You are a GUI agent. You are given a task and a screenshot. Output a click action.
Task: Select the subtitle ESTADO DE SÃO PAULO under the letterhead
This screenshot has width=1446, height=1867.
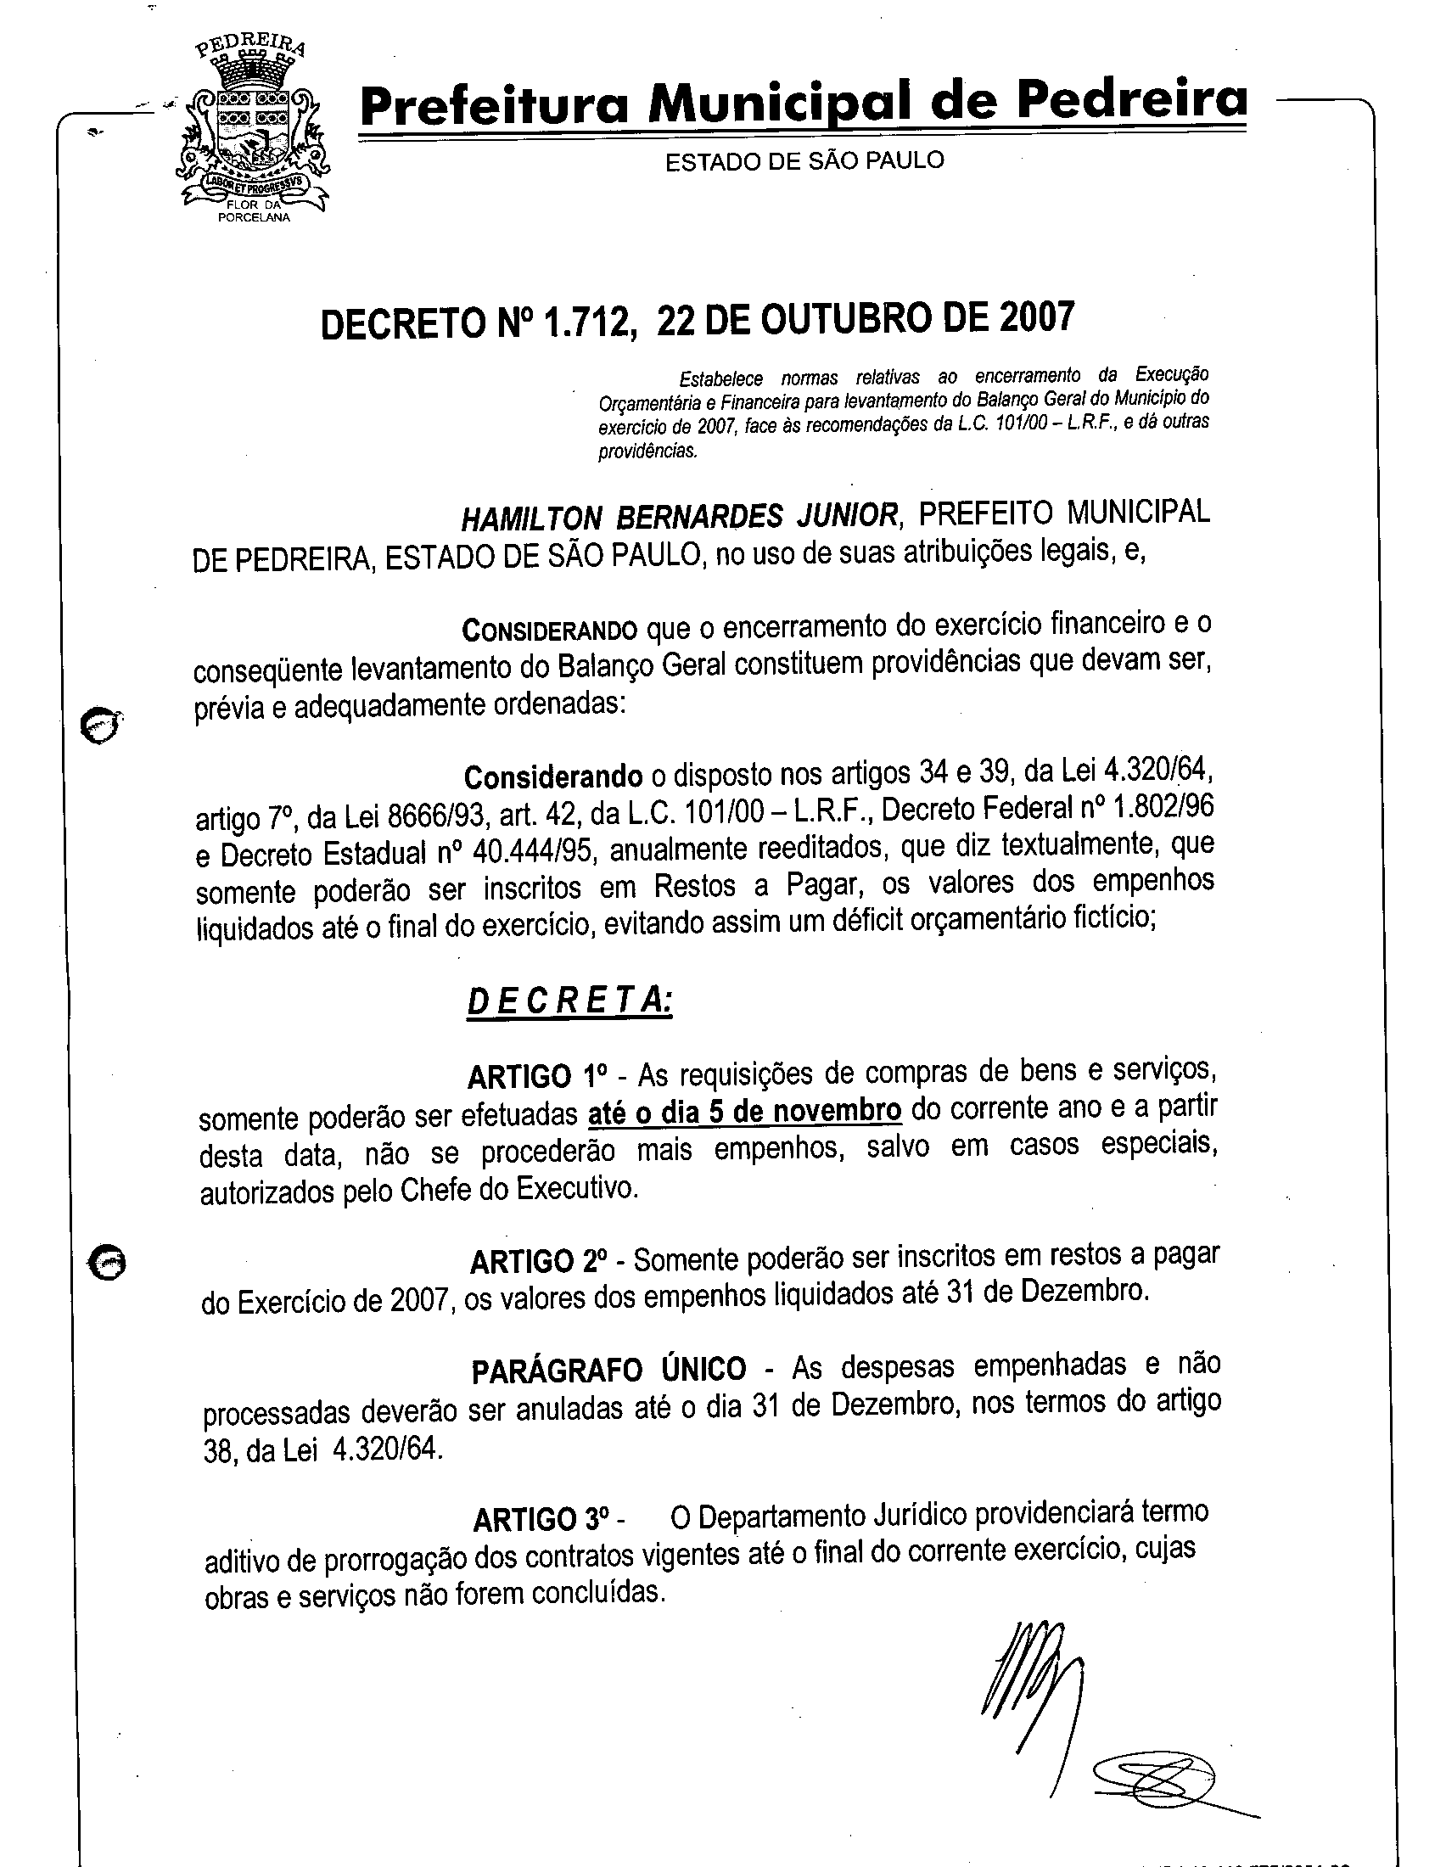coord(804,160)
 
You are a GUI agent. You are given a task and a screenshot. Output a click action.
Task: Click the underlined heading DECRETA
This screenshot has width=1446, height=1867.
coord(569,1000)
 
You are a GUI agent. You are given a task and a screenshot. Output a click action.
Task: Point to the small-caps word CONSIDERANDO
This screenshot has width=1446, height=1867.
coord(550,631)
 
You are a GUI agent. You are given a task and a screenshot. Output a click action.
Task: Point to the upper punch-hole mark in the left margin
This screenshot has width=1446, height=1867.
coord(100,725)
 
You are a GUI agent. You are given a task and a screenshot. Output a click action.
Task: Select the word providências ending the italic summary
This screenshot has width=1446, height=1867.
coord(647,451)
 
